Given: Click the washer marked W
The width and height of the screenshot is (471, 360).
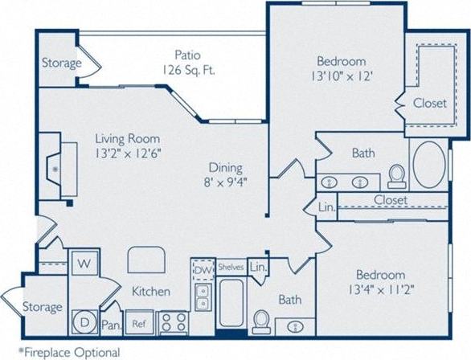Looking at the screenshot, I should [x=84, y=262].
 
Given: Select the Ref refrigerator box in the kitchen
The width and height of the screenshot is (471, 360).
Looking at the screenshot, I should [x=138, y=323].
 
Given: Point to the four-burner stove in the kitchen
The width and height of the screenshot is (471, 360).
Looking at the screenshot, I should [x=171, y=322].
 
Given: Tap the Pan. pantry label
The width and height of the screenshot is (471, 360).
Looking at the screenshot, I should [x=111, y=325].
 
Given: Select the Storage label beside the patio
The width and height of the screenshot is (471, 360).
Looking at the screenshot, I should [x=61, y=63].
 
